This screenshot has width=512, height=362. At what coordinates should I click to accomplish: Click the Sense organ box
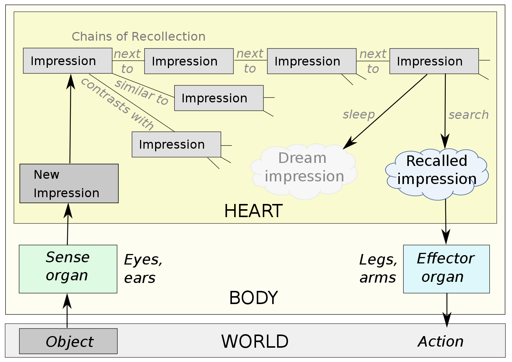pyautogui.click(x=68, y=269)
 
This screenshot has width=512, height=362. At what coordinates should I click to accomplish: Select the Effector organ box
pyautogui.click(x=446, y=269)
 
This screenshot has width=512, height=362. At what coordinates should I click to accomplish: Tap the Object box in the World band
pyautogui.click(x=69, y=341)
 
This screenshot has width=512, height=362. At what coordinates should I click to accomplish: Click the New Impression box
pyautogui.click(x=69, y=183)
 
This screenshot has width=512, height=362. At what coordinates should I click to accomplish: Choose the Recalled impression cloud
pyautogui.click(x=437, y=175)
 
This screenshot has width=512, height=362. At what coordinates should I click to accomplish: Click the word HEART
pyautogui.click(x=253, y=211)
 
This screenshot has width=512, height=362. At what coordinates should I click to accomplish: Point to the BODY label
pyautogui.click(x=253, y=298)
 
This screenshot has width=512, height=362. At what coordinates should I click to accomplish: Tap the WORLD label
pyautogui.click(x=254, y=341)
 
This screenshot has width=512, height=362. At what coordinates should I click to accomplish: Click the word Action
pyautogui.click(x=441, y=341)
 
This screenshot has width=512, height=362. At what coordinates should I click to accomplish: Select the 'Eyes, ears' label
pyautogui.click(x=143, y=269)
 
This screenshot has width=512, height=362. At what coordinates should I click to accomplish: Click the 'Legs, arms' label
pyautogui.click(x=378, y=269)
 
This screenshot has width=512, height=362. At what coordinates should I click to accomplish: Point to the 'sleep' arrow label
pyautogui.click(x=359, y=115)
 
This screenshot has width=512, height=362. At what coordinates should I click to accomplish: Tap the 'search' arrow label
pyautogui.click(x=469, y=115)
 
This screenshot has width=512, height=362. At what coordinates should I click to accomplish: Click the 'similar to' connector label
pyautogui.click(x=141, y=93)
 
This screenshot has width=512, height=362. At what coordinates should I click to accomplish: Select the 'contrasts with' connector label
pyautogui.click(x=117, y=104)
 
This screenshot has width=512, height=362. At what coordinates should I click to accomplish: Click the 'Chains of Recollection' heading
pyautogui.click(x=139, y=37)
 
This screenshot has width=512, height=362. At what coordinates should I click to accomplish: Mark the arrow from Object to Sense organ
pyautogui.click(x=67, y=311)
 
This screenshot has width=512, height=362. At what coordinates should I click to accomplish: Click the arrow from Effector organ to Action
pyautogui.click(x=447, y=310)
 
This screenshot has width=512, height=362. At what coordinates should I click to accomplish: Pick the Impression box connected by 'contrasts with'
pyautogui.click(x=177, y=144)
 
